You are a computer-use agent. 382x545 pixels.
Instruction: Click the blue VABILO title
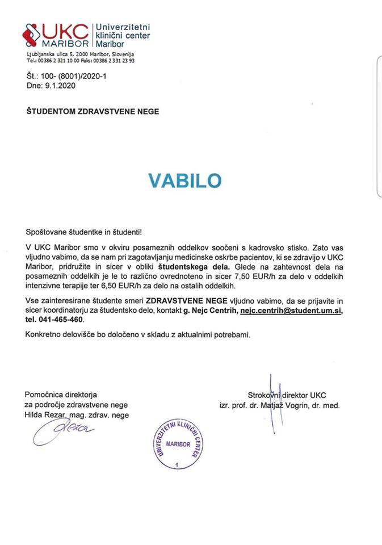[x=184, y=180]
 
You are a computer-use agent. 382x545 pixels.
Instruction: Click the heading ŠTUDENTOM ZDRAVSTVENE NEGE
[x=92, y=112]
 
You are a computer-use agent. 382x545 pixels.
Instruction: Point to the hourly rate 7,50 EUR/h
[x=259, y=273]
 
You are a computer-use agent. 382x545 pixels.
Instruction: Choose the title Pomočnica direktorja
[x=61, y=395]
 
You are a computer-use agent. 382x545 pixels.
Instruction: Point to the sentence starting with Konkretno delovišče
[x=137, y=334]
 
